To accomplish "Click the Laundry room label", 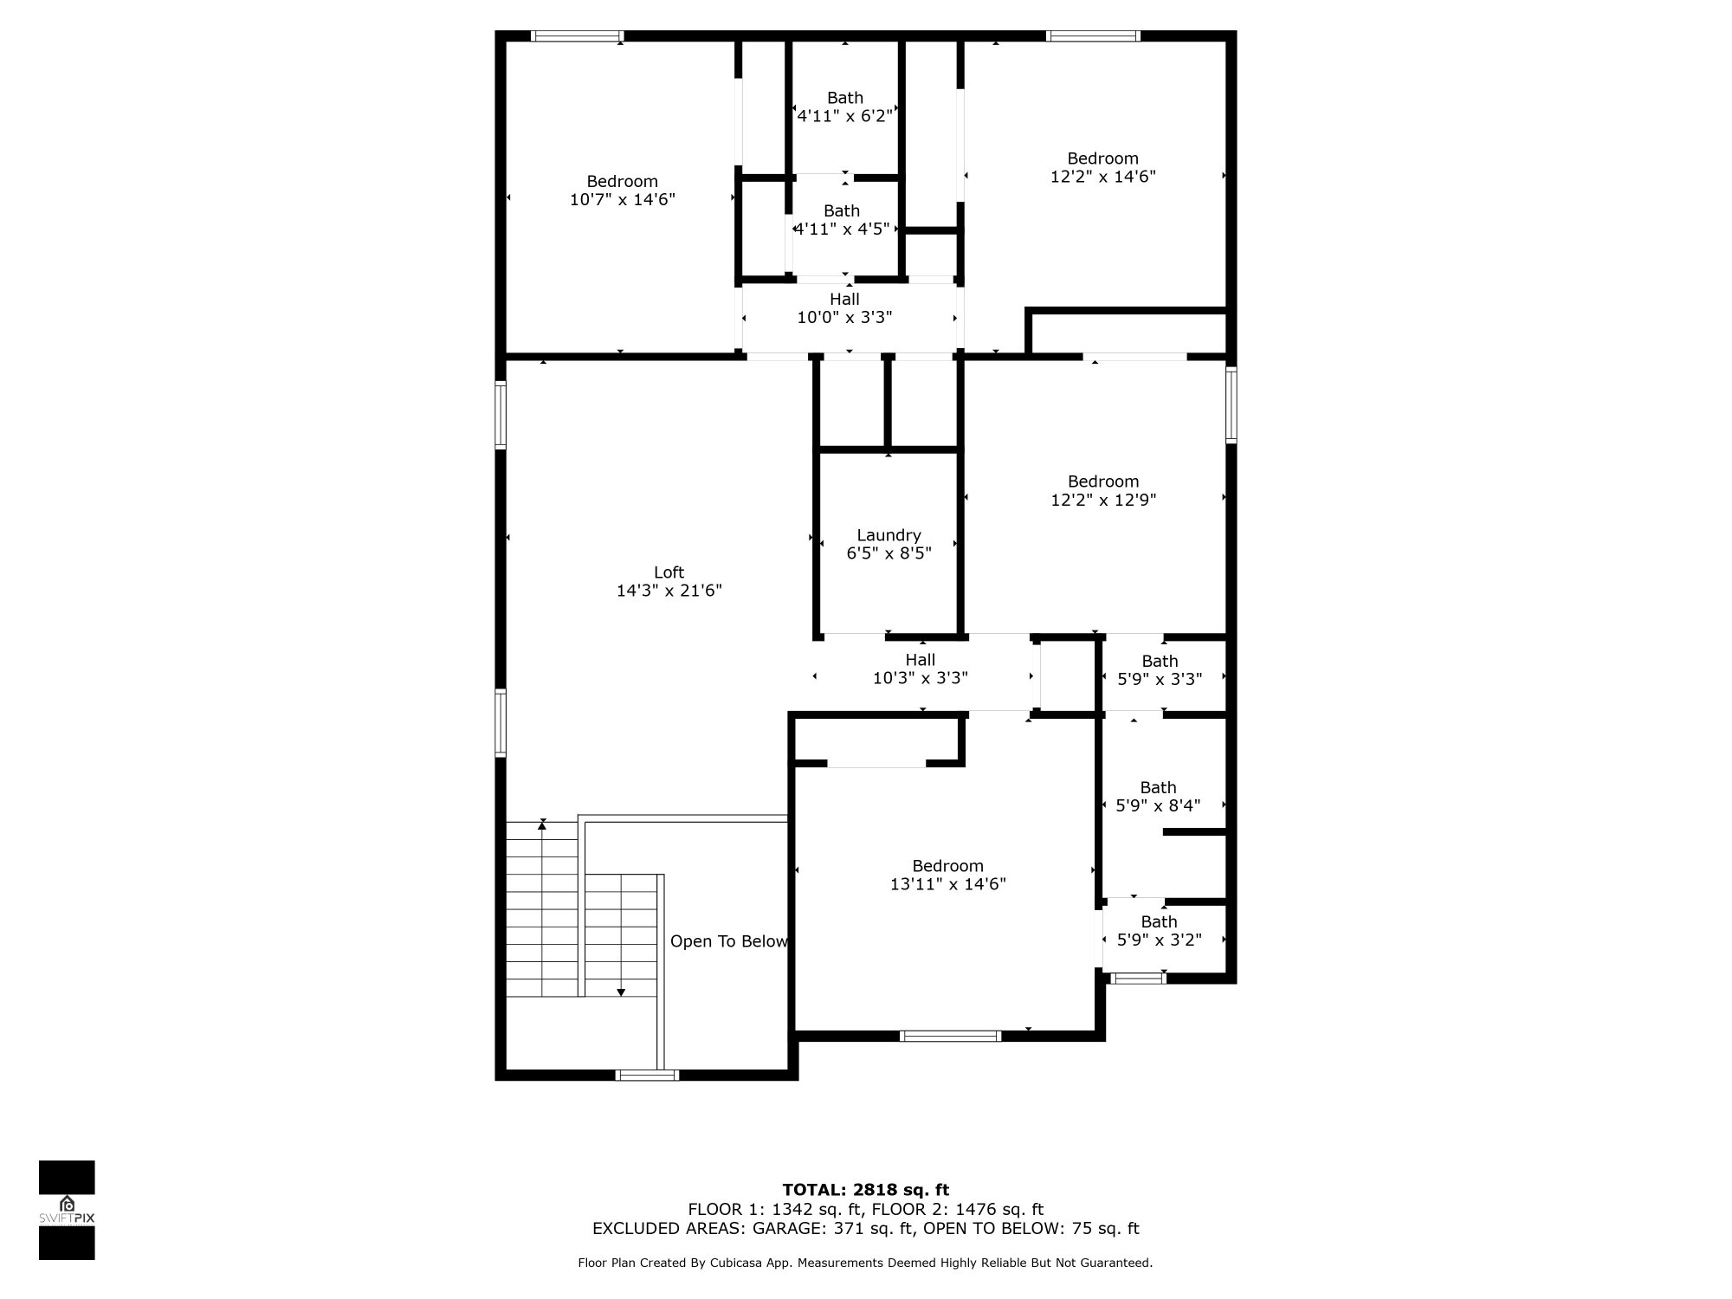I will coord(889,535).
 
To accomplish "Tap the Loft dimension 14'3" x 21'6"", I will coord(669,591).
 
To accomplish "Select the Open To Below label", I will coord(728,941).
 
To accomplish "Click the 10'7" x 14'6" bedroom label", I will coord(622,191).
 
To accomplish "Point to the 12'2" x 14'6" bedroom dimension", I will coord(1102,177).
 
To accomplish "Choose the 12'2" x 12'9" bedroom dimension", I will coord(1103,500).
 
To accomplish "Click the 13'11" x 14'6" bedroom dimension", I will coord(947,884).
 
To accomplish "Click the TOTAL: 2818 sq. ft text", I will coord(865,1189).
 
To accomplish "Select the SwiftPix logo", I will coord(67,1209).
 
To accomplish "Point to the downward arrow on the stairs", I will coord(621,991).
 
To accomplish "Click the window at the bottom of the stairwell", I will coord(647,1075).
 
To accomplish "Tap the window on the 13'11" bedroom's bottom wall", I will coord(950,1036).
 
